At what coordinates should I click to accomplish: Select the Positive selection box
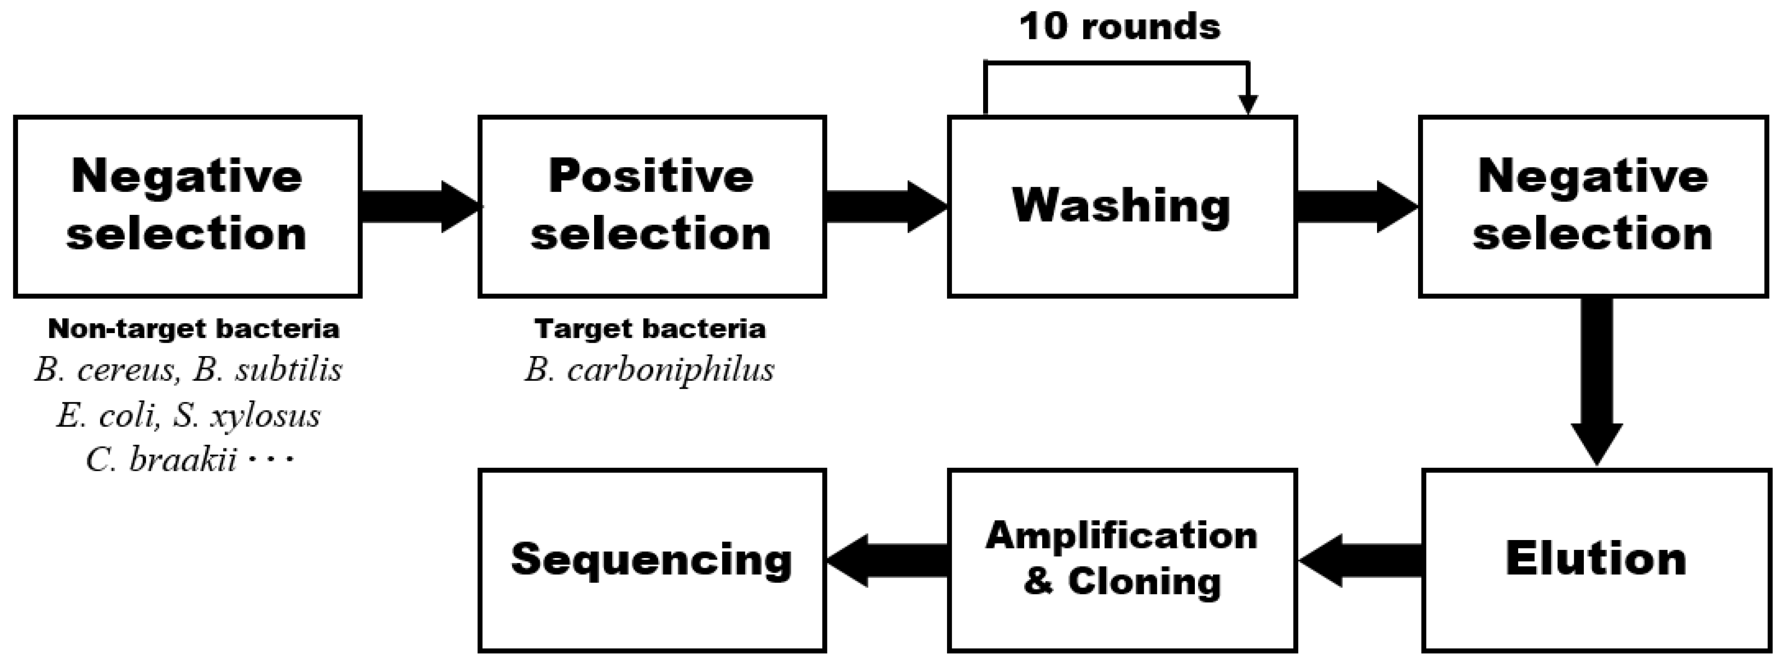651,206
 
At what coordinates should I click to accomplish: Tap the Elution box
1596,560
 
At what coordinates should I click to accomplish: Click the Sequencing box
651,560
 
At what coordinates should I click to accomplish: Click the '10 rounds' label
1119,28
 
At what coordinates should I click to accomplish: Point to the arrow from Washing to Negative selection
1355,206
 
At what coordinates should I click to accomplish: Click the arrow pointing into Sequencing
887,560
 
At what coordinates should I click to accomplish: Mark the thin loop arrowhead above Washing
1247,104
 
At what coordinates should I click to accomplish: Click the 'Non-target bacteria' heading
193,328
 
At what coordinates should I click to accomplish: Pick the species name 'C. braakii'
161,459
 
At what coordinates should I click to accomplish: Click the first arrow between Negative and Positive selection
419,206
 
